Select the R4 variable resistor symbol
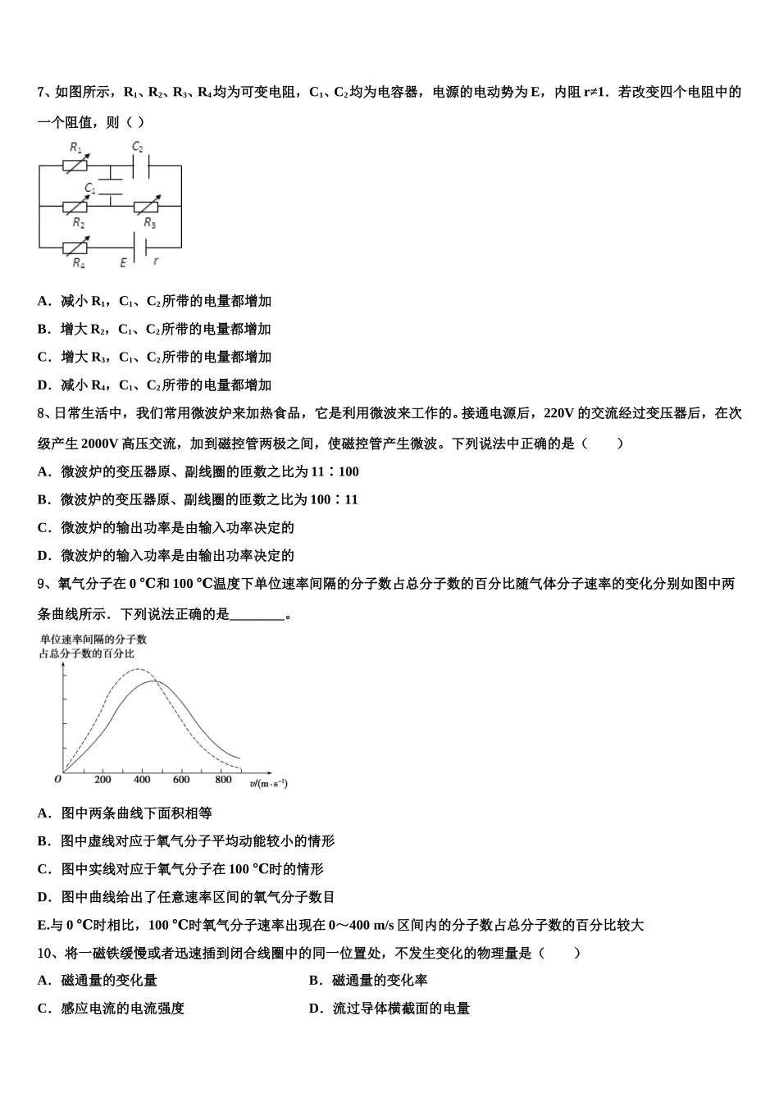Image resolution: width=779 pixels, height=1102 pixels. [77, 245]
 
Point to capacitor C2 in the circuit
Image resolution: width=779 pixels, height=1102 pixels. [137, 165]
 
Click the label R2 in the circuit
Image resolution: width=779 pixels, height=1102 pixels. [79, 223]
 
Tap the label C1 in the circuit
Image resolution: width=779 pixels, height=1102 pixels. [89, 189]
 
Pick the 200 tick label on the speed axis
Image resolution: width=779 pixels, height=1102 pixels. [103, 780]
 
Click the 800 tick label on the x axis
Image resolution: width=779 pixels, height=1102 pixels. [223, 780]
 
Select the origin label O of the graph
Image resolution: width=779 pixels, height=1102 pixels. [57, 780]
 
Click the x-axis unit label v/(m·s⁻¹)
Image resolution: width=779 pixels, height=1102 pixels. [269, 784]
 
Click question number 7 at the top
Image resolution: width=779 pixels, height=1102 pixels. [43, 93]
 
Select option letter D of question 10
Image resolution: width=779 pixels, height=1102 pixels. [315, 1009]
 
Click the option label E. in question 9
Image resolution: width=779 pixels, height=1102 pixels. [43, 926]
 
